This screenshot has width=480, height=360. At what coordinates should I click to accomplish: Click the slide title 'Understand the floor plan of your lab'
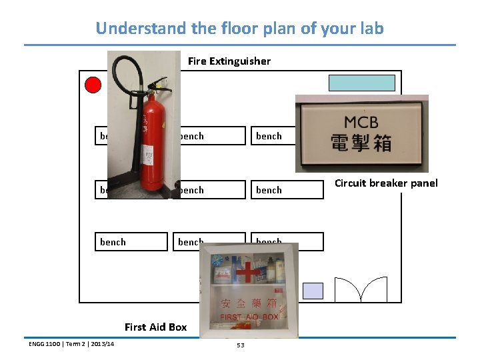pos(239,29)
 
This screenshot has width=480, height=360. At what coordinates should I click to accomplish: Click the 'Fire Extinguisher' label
pos(229,61)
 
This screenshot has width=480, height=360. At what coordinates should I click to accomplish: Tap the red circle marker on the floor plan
pos(93,85)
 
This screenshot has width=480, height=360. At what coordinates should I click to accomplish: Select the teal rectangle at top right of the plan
pos(361,83)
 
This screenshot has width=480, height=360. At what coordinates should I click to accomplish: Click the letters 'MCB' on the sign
pos(361,123)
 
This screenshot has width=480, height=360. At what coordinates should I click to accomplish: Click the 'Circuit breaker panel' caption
pos(386,183)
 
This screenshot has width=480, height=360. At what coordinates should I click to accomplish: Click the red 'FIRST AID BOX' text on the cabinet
pos(249,317)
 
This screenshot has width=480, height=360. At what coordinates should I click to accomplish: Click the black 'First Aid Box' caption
pos(155,327)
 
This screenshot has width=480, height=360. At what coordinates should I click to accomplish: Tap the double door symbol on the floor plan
pos(361,289)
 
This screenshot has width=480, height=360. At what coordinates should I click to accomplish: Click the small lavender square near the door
pos(313,291)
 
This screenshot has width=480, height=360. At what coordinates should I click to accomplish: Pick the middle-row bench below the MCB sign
pos(284,190)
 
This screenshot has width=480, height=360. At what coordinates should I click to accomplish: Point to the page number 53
pos(240,345)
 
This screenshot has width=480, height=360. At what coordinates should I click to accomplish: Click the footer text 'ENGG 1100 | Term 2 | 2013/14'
pos(71,343)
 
